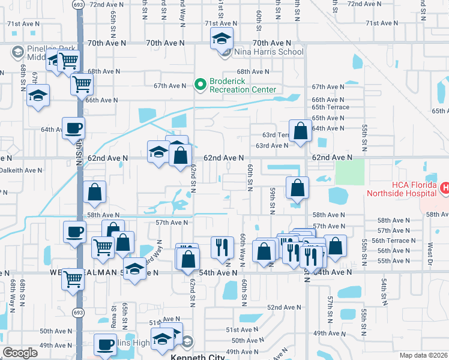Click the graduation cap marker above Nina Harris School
tap(221, 40)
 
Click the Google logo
tap(20, 353)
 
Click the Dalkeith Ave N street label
tap(21, 170)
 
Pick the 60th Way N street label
tap(242, 246)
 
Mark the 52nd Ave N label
tap(283, 307)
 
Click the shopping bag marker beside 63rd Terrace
tap(300, 131)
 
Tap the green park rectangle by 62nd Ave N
tap(350, 172)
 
